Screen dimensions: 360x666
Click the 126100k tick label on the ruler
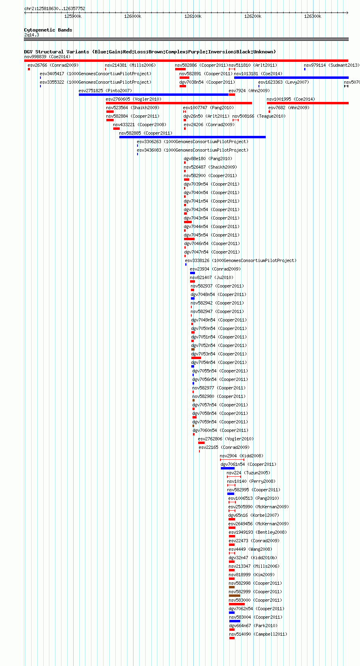[x=193, y=16]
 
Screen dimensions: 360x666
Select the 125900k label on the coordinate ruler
[x=72, y=16]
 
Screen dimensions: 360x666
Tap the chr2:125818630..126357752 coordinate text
[x=55, y=8]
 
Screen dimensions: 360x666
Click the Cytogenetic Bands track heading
[x=48, y=30]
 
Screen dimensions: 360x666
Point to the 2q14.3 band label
[x=32, y=35]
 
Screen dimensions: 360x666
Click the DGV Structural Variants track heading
[x=150, y=52]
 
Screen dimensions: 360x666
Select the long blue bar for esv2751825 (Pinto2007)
[x=154, y=95]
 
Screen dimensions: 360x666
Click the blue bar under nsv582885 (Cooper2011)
[x=193, y=137]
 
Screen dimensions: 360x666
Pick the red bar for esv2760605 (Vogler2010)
[x=179, y=103]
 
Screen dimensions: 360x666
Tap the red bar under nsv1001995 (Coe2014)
[x=308, y=103]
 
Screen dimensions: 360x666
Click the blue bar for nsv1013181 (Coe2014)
[x=291, y=78]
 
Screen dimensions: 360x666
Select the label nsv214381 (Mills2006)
[x=130, y=65]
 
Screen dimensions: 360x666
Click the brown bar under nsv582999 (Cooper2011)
[x=235, y=596]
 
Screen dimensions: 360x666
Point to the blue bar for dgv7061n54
[x=228, y=468]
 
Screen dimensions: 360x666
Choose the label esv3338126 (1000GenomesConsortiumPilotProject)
[x=241, y=260]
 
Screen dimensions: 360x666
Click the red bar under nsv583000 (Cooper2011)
[x=237, y=604]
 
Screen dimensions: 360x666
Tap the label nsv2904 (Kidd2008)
[x=241, y=456]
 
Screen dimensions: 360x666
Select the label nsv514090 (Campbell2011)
[x=258, y=634]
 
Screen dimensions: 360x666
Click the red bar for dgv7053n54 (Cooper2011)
[x=196, y=358]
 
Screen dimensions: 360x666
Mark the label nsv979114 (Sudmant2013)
[x=332, y=65]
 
